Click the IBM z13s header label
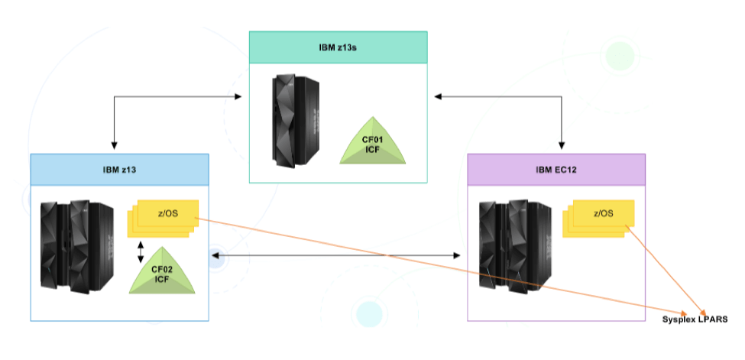click(x=338, y=47)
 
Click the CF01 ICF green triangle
click(x=373, y=143)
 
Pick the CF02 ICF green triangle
click(x=161, y=272)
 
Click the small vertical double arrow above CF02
click(x=140, y=252)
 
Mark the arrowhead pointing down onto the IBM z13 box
click(x=114, y=144)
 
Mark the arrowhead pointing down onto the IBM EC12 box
click(x=562, y=144)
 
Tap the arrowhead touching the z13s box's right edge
click(x=437, y=97)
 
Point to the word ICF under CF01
click(x=373, y=150)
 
